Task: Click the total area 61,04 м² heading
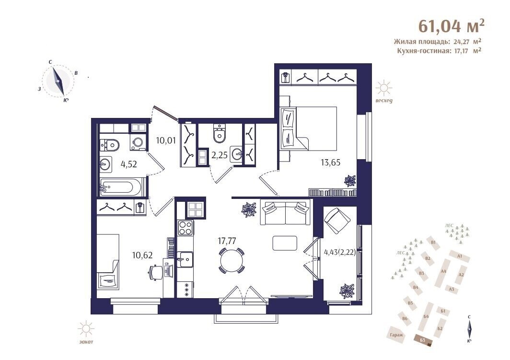click(x=451, y=26)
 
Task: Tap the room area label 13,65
click(x=330, y=162)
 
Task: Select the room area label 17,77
click(x=227, y=241)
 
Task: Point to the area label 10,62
click(x=142, y=255)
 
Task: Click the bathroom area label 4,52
click(x=129, y=164)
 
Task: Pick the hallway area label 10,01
click(x=166, y=141)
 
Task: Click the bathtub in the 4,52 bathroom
click(x=120, y=187)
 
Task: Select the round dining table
click(x=232, y=260)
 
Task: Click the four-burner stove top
click(x=185, y=228)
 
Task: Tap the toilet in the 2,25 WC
click(x=220, y=134)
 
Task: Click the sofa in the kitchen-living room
click(x=285, y=213)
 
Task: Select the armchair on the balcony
click(x=337, y=221)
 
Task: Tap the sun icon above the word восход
click(x=384, y=88)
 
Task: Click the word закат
click(x=86, y=342)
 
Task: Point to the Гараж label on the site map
click(x=396, y=335)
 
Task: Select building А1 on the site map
click(x=459, y=256)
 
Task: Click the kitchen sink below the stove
click(x=185, y=259)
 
